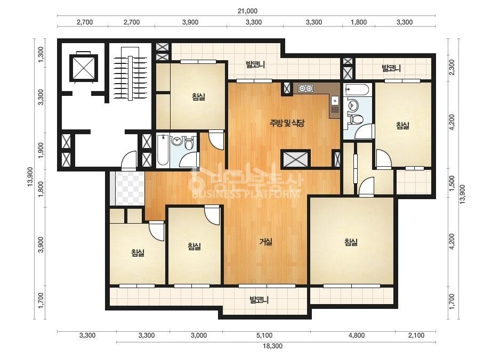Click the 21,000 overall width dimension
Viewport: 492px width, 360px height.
point(247,11)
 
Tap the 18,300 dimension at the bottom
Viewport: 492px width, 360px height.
point(272,346)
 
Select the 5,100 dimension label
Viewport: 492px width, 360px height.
point(264,335)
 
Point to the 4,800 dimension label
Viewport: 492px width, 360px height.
point(357,335)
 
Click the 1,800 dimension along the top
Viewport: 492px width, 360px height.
point(359,22)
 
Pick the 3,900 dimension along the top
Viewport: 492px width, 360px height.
point(190,22)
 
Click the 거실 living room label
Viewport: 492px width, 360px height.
point(266,242)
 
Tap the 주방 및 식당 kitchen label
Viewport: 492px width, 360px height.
point(287,123)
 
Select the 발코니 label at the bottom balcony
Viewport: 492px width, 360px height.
point(259,300)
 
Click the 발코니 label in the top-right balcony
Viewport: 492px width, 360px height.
point(391,68)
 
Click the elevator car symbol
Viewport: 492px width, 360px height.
point(84,68)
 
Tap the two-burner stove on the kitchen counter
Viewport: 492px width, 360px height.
point(305,88)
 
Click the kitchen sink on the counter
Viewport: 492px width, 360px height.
point(335,101)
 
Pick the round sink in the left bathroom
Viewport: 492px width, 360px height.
point(178,141)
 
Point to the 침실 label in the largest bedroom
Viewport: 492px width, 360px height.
point(351,242)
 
